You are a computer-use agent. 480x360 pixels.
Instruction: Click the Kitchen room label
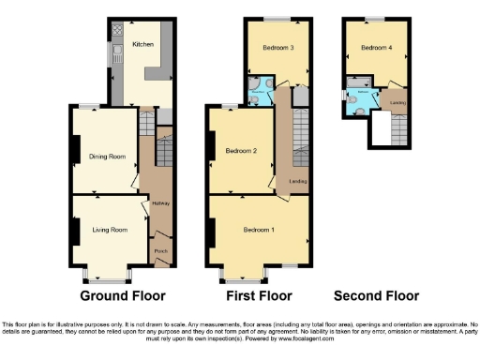[142, 44]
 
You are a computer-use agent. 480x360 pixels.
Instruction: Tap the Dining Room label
[106, 157]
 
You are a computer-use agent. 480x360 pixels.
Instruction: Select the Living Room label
[109, 229]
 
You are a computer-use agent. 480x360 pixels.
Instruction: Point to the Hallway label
[158, 203]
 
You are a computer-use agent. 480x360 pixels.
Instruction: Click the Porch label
[160, 250]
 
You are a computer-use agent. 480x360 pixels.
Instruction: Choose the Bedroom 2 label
[242, 151]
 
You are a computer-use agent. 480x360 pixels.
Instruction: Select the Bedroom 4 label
[376, 47]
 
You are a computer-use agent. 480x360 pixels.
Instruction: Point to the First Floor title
[258, 296]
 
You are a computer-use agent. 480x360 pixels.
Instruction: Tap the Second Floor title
[376, 296]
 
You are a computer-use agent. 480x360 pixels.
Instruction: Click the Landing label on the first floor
[298, 181]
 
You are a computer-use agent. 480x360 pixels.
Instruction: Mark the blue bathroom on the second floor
[361, 101]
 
